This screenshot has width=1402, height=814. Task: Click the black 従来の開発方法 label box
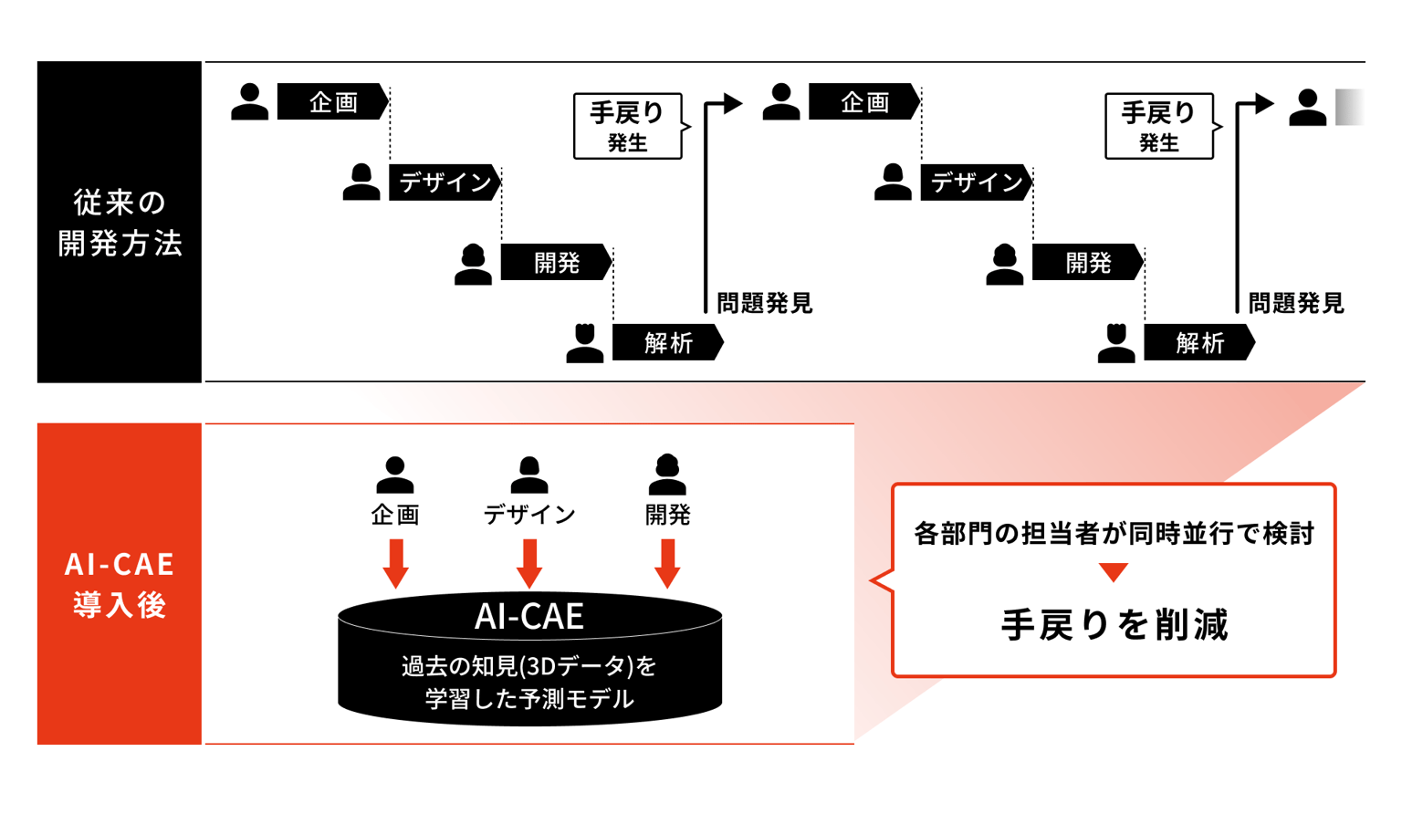120,222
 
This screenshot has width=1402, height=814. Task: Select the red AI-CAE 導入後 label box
120,584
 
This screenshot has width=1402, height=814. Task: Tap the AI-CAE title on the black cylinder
529,617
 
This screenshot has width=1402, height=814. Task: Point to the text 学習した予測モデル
529,698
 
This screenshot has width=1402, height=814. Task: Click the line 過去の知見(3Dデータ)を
529,666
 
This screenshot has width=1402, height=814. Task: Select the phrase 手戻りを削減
1114,625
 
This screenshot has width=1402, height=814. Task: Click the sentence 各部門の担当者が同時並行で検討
1114,534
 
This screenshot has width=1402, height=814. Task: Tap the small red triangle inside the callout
1114,572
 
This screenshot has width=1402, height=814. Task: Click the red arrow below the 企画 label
395,564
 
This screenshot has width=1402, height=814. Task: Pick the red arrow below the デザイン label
529,564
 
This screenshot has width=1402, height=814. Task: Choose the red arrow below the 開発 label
668,564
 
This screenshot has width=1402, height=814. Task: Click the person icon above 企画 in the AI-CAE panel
395,475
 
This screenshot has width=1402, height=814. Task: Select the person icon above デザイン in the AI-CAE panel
529,475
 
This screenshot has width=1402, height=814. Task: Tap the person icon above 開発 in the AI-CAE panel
668,475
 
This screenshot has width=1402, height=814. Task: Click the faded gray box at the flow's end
1350,107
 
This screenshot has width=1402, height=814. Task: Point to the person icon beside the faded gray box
1307,108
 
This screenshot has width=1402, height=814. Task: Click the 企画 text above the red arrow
395,515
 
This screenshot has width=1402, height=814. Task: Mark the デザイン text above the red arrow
529,515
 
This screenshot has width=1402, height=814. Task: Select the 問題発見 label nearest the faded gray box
1296,304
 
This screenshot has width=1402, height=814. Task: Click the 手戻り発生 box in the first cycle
628,126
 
